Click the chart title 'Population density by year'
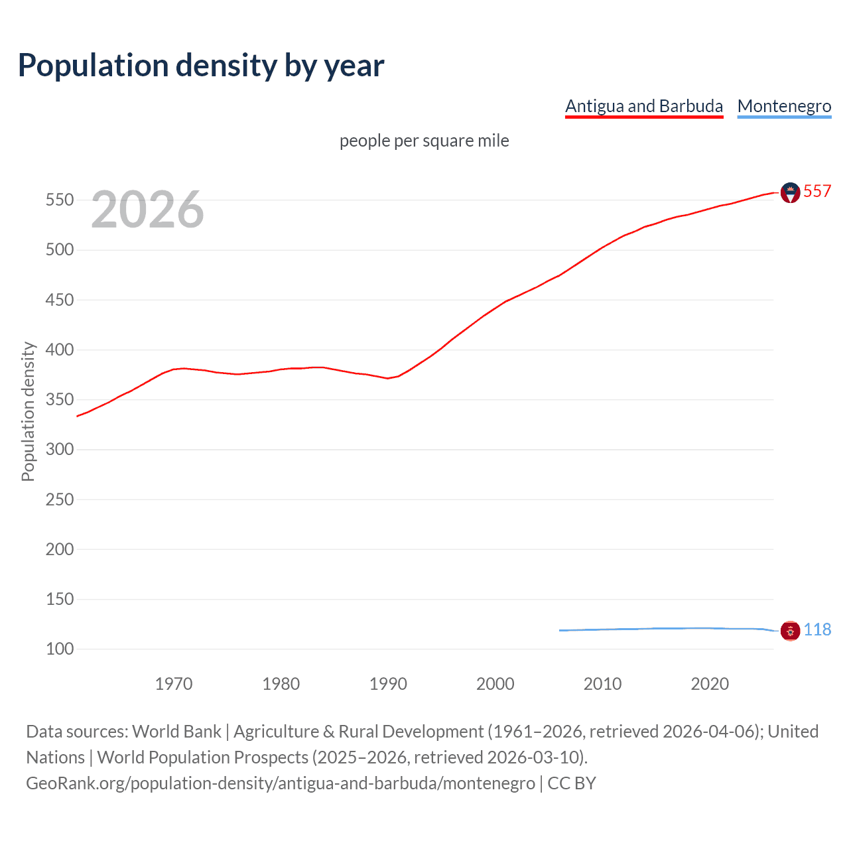click(x=201, y=66)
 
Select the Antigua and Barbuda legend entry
click(x=643, y=106)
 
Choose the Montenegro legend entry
click(x=784, y=106)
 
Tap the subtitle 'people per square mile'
click(x=424, y=141)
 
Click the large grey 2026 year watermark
click(x=147, y=210)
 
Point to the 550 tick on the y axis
click(x=59, y=200)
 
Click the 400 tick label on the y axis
click(x=59, y=350)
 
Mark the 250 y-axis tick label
click(x=59, y=499)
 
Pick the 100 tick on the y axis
click(x=59, y=649)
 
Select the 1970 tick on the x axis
click(x=174, y=684)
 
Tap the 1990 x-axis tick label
click(x=388, y=684)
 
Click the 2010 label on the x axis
click(x=602, y=684)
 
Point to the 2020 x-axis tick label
click(x=710, y=684)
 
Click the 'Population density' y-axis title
click(x=28, y=411)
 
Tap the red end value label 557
click(x=817, y=192)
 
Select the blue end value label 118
click(x=817, y=630)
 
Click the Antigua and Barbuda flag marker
click(x=790, y=192)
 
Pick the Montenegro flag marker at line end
click(x=790, y=631)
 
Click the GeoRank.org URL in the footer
click(x=281, y=783)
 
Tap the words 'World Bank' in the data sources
click(x=176, y=732)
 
